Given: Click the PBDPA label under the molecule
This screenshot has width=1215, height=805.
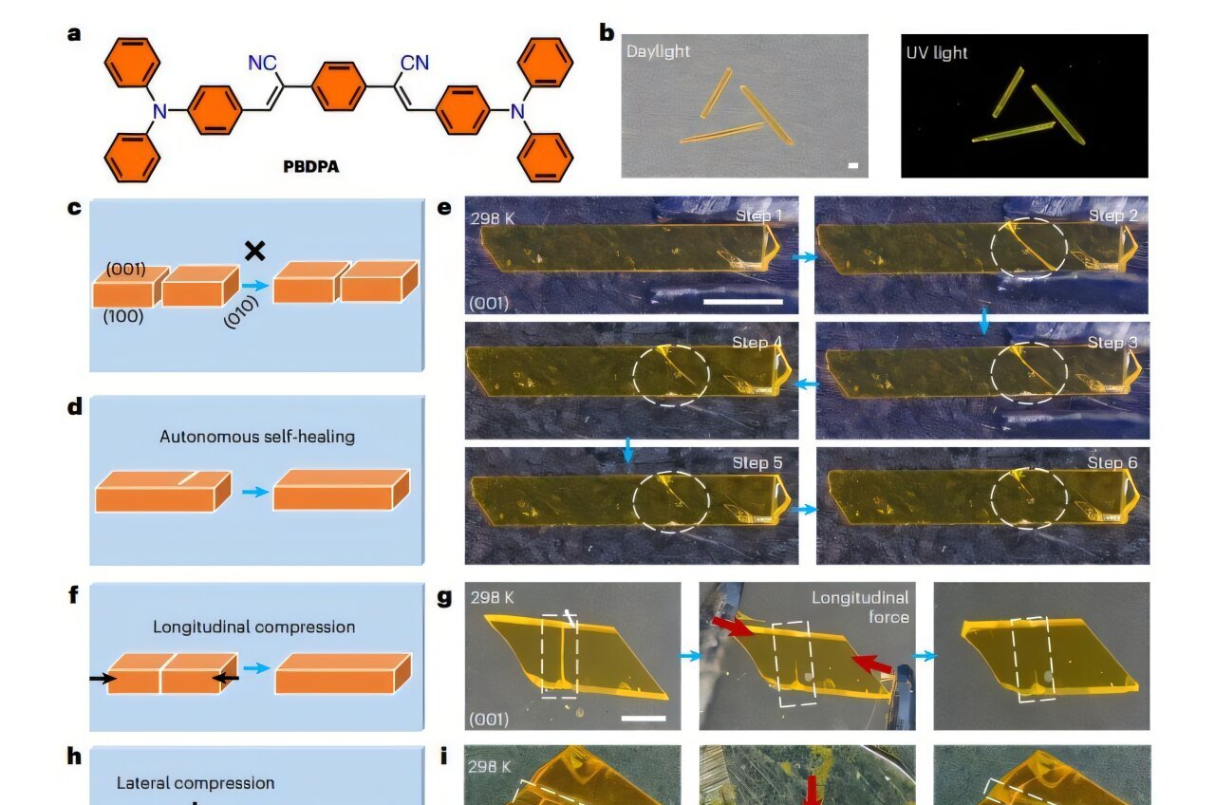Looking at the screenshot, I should (x=310, y=166).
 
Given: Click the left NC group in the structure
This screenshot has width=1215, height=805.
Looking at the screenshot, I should (x=263, y=64).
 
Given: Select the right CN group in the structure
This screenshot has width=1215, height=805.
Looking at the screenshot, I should (x=414, y=64).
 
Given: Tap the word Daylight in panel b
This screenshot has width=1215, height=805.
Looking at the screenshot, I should (x=658, y=50).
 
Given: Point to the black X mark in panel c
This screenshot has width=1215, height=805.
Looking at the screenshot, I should (x=254, y=251).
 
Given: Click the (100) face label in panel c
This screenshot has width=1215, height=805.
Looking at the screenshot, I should (x=123, y=316).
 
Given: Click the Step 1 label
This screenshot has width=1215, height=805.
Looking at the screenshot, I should (x=758, y=215).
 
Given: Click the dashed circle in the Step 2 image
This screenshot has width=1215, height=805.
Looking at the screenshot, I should (x=1029, y=246).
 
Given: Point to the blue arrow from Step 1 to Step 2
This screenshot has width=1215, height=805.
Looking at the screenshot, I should (x=806, y=257).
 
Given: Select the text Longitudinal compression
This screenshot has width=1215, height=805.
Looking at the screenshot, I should (x=254, y=627).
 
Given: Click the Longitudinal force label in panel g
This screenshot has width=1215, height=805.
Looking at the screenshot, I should (x=860, y=606).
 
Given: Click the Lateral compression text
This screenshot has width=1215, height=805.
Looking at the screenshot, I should (x=196, y=783).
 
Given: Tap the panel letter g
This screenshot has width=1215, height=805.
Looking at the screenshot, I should (x=443, y=597).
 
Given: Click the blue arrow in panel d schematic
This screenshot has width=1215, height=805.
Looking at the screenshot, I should (x=253, y=492).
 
